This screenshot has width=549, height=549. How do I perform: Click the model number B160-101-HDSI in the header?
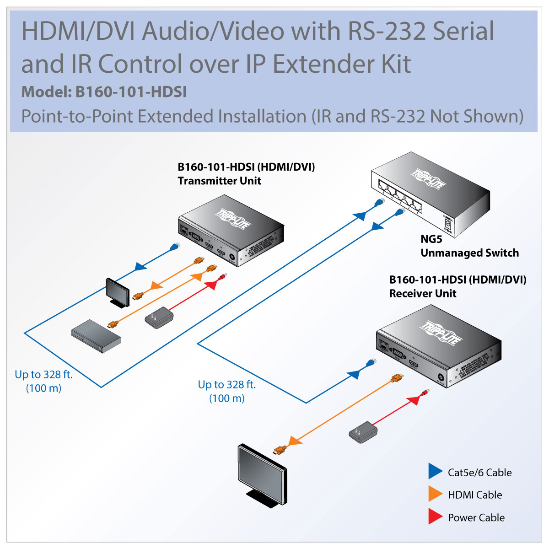pyautogui.click(x=131, y=92)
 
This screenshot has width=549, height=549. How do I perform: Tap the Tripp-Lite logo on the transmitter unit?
pyautogui.click(x=233, y=219)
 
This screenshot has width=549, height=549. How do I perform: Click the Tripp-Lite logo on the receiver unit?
pyautogui.click(x=441, y=332)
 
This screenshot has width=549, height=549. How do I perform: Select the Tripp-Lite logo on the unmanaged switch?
pyautogui.click(x=428, y=178)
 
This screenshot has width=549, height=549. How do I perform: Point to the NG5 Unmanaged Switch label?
pyautogui.click(x=469, y=246)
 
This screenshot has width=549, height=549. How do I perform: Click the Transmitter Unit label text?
pyautogui.click(x=219, y=181)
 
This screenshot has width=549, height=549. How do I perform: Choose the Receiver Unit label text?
pyautogui.click(x=423, y=293)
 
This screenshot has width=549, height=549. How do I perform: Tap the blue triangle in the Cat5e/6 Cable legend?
pyautogui.click(x=435, y=471)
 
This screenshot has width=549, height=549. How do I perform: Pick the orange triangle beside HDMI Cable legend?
pyautogui.click(x=435, y=494)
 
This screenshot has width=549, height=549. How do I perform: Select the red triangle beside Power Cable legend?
pyautogui.click(x=435, y=516)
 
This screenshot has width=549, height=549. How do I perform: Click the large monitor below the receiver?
pyautogui.click(x=262, y=475)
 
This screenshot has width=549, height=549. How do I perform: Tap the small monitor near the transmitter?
pyautogui.click(x=118, y=293)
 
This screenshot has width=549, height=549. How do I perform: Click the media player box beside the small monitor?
pyautogui.click(x=96, y=336)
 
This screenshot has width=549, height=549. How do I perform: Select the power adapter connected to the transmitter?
pyautogui.click(x=159, y=318)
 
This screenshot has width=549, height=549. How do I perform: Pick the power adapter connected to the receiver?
pyautogui.click(x=363, y=432)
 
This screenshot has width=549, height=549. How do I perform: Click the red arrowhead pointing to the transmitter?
pyautogui.click(x=211, y=284)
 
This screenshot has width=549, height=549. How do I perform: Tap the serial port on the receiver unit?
pyautogui.click(x=398, y=354)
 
